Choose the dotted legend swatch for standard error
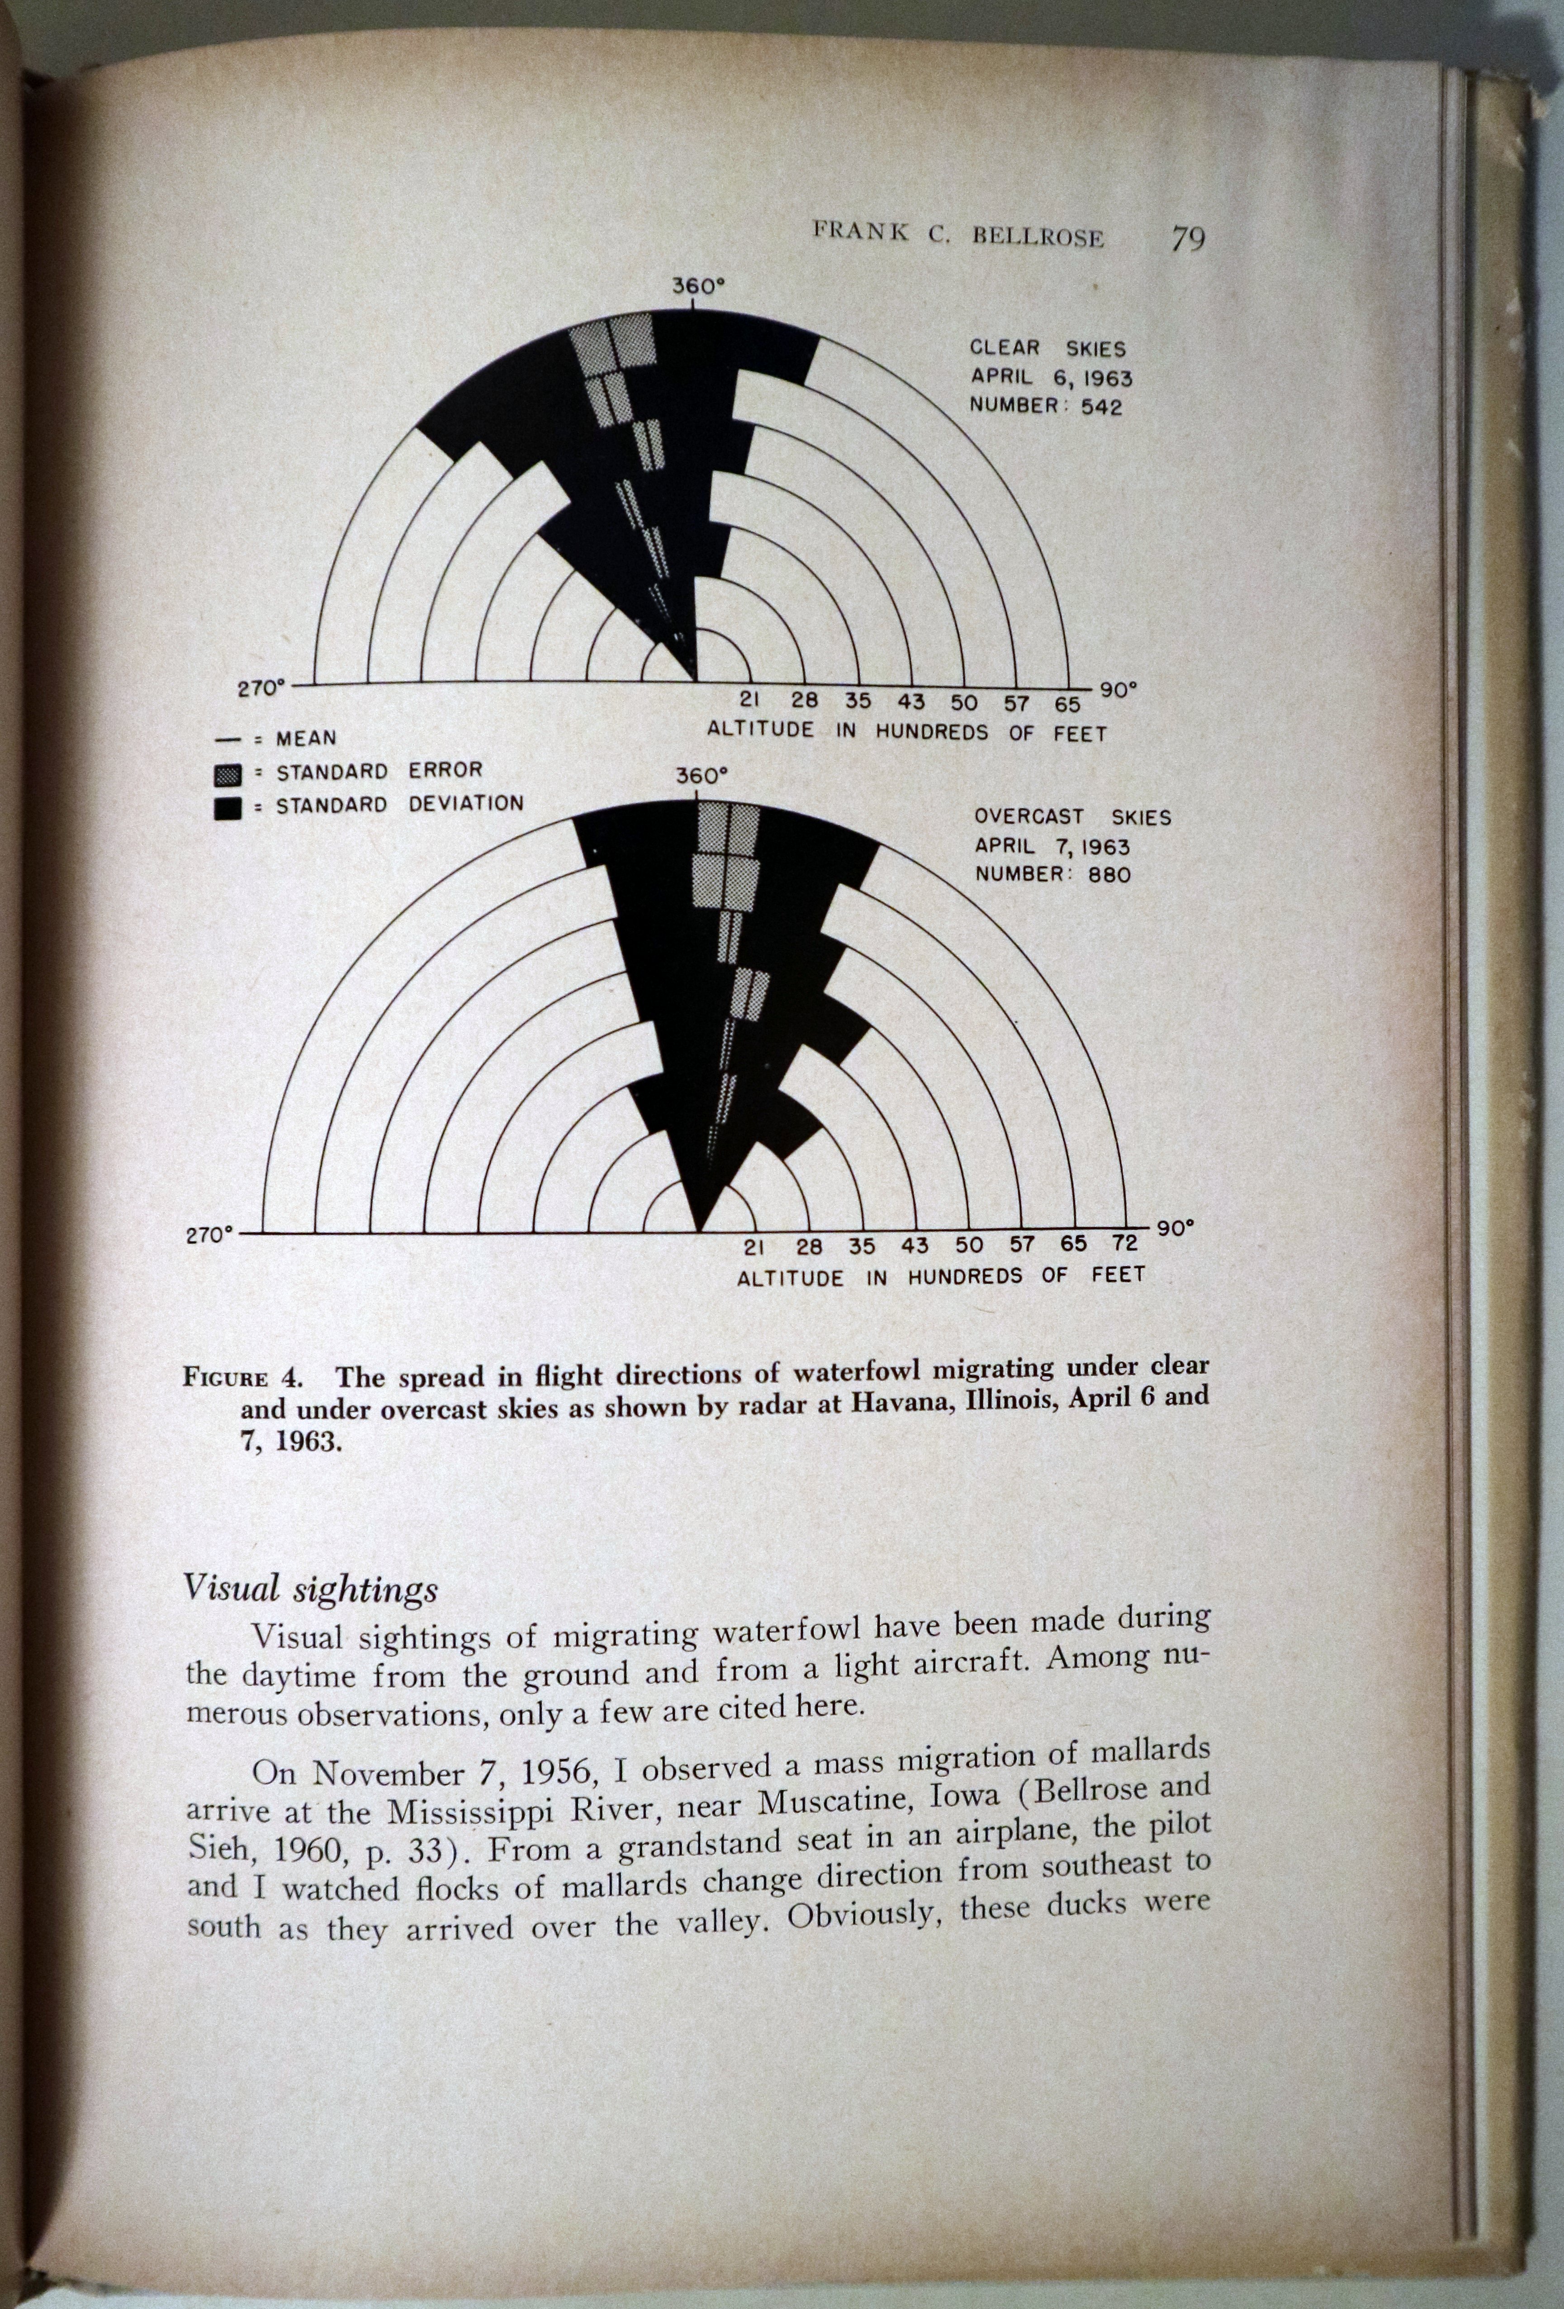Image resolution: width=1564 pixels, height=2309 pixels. (x=228, y=773)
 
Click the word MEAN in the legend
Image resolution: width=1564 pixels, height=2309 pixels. (x=306, y=739)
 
